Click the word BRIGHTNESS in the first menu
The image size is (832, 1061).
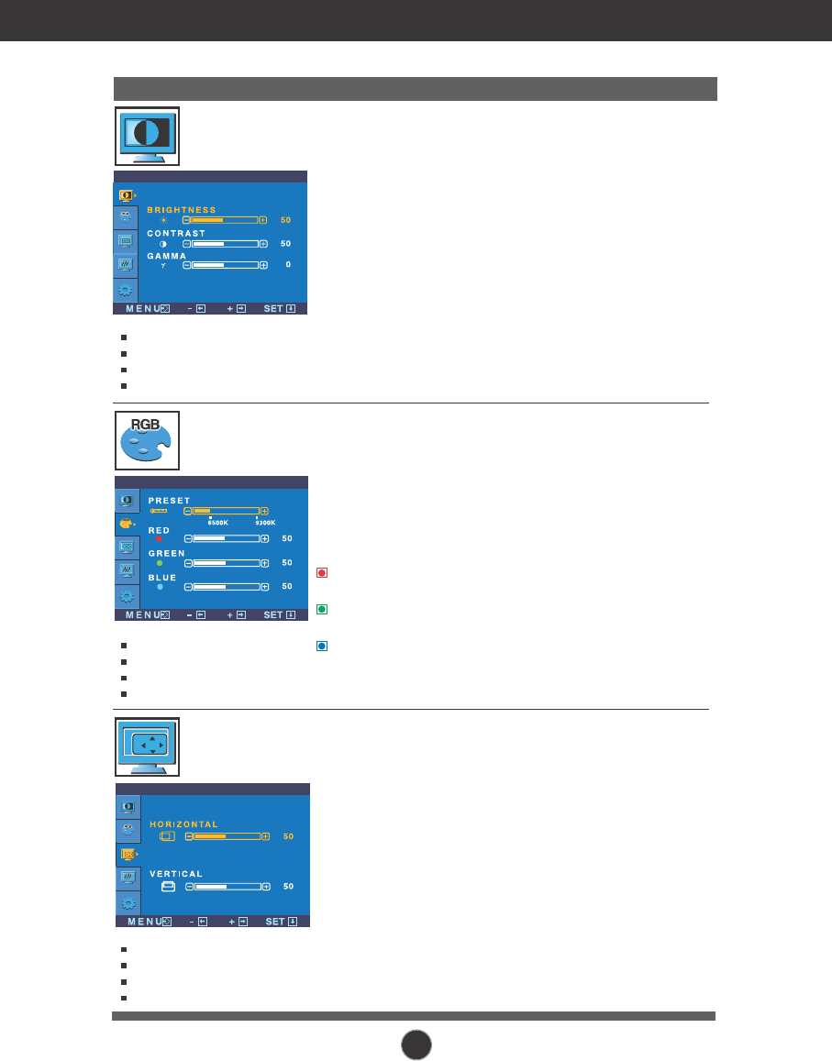tap(182, 210)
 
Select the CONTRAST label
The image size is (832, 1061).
tap(176, 234)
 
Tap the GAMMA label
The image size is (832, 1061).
tap(166, 255)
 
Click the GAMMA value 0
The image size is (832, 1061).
tap(288, 265)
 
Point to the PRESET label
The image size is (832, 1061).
tap(169, 500)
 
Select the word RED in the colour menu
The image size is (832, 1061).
tap(159, 530)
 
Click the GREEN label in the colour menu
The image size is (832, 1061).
tap(166, 554)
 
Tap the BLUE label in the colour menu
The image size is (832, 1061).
tap(162, 578)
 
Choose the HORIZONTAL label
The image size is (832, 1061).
tap(184, 824)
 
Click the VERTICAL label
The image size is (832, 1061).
tap(176, 874)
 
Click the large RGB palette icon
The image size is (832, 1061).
tap(147, 440)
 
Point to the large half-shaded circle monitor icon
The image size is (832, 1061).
tap(147, 136)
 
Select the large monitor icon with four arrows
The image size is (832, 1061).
tap(147, 746)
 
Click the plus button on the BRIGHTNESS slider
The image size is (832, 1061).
tap(263, 220)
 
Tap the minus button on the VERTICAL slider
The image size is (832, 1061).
tap(190, 887)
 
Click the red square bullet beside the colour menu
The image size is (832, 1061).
tap(322, 574)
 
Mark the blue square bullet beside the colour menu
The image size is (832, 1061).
tap(322, 646)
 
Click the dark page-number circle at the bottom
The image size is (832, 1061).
tap(416, 1044)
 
